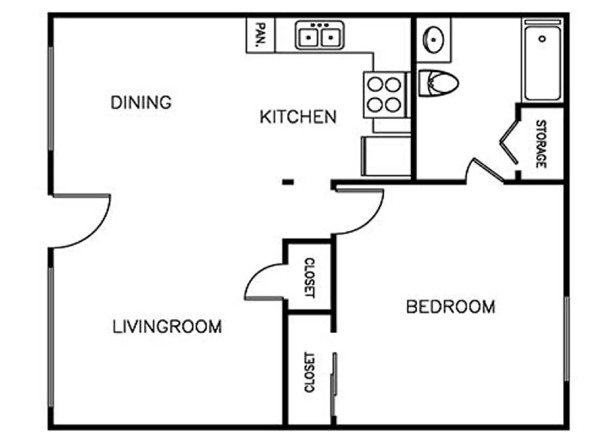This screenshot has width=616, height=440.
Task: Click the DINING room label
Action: pos(141,102)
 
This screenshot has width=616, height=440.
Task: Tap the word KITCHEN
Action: pos(298,117)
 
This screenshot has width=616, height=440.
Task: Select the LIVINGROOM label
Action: pos(167,326)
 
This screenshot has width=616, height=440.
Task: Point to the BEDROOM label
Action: pos(450,307)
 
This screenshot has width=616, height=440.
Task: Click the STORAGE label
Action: pos(541,144)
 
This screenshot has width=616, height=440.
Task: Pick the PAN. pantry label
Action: pos(261,35)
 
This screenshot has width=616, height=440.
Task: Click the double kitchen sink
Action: pos(320,35)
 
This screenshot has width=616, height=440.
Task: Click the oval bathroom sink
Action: pos(434,39)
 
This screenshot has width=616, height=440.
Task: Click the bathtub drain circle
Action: pos(542,38)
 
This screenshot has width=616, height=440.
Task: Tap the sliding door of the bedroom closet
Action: pos(334,385)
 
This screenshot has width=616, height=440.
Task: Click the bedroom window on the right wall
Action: pos(566,339)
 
